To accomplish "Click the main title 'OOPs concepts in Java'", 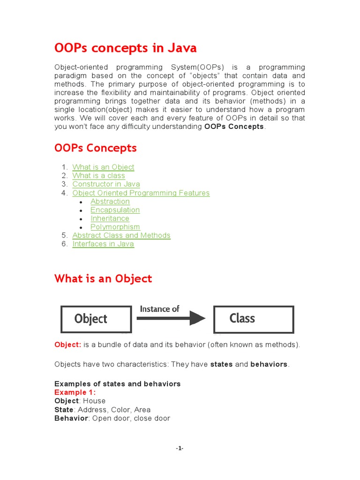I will [x=125, y=48].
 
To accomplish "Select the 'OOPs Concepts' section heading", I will [x=96, y=148].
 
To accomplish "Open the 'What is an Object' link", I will [x=103, y=167].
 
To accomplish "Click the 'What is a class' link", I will [x=98, y=176].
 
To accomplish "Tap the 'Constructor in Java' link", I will [x=106, y=184].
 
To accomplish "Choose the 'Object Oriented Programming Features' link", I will [x=141, y=193].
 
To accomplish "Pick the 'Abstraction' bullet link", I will [x=110, y=202].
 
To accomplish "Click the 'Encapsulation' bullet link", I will [x=115, y=210].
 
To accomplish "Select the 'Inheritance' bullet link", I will [x=110, y=218].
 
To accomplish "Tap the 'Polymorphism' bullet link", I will [x=115, y=227].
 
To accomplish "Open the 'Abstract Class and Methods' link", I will [x=121, y=235].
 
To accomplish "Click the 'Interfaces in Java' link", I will [x=103, y=244].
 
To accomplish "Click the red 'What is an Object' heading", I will [x=103, y=279].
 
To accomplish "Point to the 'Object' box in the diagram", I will [x=96, y=319].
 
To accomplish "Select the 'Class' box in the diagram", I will [x=254, y=319].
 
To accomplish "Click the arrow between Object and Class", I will [x=171, y=319].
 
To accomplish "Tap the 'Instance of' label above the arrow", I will [x=159, y=309].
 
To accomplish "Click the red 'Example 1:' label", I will [x=75, y=392].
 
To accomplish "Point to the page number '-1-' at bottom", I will [x=180, y=449].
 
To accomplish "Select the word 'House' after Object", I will [x=94, y=401].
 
